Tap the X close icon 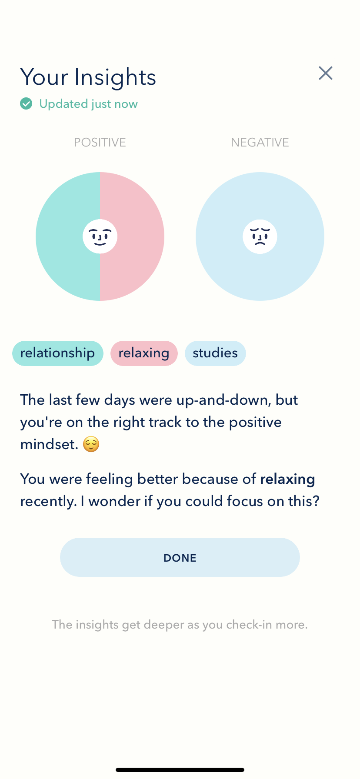[x=326, y=73]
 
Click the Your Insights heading [x=88, y=77]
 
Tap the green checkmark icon [x=26, y=104]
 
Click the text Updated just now [x=88, y=104]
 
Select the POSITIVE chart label [x=100, y=143]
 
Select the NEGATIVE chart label [x=260, y=143]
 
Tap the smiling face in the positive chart [x=100, y=236]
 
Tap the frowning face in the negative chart [x=260, y=236]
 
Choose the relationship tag [x=58, y=353]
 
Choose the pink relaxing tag [x=144, y=353]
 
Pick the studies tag [x=215, y=353]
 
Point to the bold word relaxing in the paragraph [x=287, y=479]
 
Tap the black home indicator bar [x=180, y=770]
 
